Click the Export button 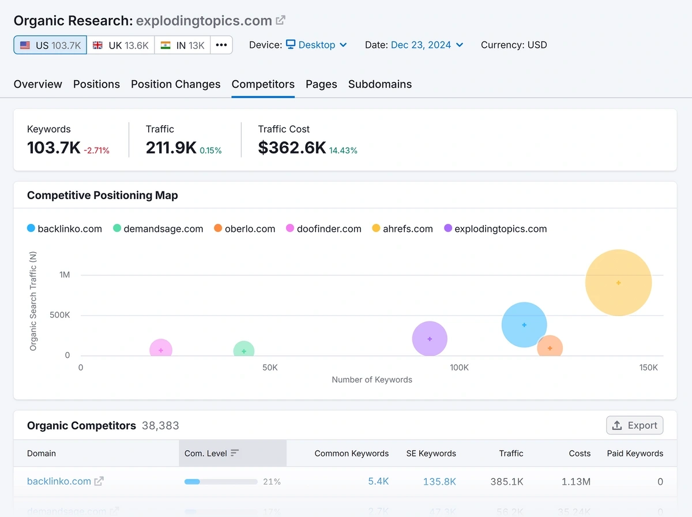(x=634, y=425)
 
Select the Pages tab (x=321, y=84)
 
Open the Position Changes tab (x=175, y=84)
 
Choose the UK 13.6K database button (x=121, y=45)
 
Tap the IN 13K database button (x=182, y=45)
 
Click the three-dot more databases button (x=221, y=45)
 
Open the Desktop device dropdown (x=317, y=45)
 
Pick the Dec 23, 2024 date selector (x=427, y=45)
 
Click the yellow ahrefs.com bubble (x=618, y=283)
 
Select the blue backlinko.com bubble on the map (x=524, y=325)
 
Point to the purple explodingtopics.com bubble (x=430, y=339)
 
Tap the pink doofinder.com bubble (x=161, y=350)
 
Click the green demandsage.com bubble (x=244, y=350)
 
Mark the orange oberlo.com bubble (x=550, y=348)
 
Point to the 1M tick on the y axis (x=64, y=275)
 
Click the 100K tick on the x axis (x=459, y=368)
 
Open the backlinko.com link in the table (x=59, y=481)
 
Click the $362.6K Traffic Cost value (x=292, y=148)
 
